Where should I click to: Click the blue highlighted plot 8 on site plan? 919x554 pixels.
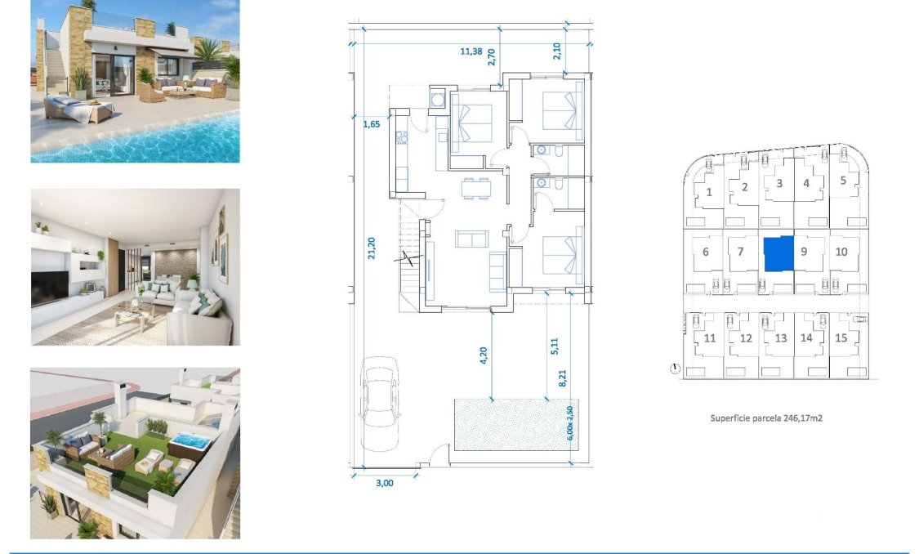point(778,254)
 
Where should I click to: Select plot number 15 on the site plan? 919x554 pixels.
point(841,338)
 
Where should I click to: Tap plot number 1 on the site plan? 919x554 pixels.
point(709,192)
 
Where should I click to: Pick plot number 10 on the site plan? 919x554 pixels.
point(841,252)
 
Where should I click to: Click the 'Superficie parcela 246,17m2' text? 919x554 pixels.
point(765,418)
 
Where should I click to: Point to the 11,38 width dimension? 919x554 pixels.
point(471,51)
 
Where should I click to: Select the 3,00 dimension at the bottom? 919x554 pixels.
point(384,483)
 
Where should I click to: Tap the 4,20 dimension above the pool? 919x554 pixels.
point(484,355)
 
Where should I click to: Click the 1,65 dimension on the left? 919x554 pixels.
point(372,125)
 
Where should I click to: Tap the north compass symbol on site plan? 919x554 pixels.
point(674,369)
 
